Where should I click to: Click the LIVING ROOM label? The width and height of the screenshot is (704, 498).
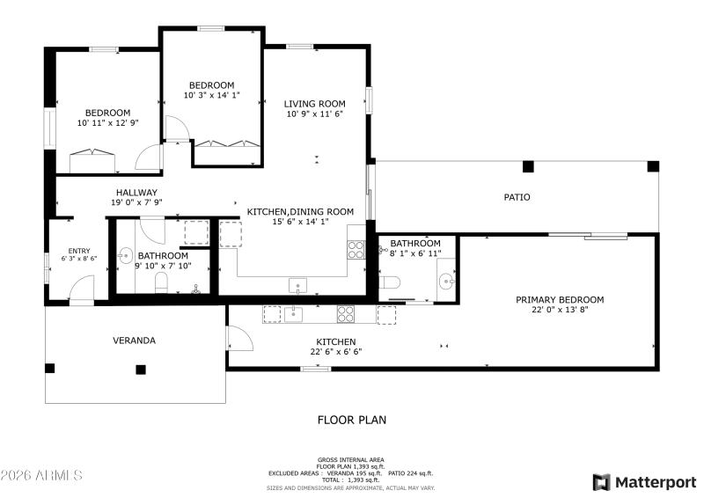pos(314,104)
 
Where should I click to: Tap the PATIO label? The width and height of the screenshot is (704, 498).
pos(517,197)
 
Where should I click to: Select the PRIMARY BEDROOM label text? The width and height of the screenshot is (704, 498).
pos(559,300)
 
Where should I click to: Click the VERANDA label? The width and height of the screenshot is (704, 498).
pos(134,341)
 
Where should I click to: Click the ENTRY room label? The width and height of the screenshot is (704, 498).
pos(79,251)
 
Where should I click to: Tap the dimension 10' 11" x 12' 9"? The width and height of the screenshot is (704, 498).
pos(107,123)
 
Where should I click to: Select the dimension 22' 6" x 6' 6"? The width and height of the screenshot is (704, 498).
pos(335,352)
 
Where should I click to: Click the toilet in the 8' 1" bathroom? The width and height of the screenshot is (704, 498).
pos(391,282)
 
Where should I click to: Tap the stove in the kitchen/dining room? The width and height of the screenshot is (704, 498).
pos(356,249)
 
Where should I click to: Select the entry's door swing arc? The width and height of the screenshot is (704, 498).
pos(82,288)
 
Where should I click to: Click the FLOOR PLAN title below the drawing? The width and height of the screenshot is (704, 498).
pos(351,421)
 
